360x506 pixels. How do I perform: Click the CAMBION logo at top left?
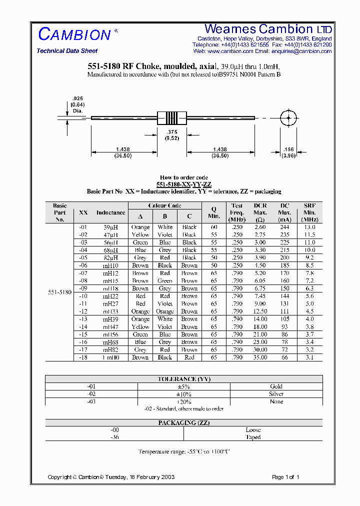[75, 34]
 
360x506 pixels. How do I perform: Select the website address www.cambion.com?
[230, 51]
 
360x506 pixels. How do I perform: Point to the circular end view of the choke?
[288, 118]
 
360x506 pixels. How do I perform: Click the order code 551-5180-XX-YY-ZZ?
[184, 184]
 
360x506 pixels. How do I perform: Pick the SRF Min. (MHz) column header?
[310, 212]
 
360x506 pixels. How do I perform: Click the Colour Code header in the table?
[164, 206]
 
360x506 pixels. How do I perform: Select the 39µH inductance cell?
[110, 227]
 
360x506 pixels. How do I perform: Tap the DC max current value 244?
[285, 227]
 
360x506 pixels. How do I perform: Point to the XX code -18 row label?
[83, 357]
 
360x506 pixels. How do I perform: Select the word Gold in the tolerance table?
[276, 386]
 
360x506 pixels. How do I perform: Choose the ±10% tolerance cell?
[184, 394]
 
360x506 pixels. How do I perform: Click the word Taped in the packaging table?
[253, 437]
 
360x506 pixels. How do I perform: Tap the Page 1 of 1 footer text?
[285, 477]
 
